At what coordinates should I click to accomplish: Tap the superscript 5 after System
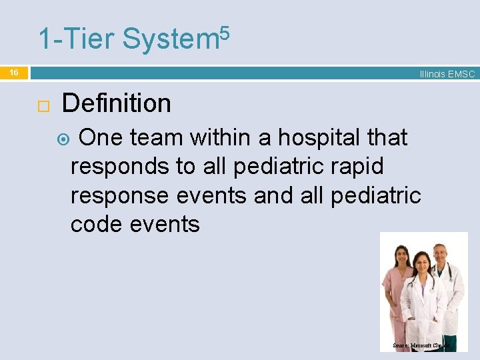click(x=224, y=31)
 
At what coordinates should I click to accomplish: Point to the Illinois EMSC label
click(x=447, y=74)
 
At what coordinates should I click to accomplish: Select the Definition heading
click(x=116, y=103)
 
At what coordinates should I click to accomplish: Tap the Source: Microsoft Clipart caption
click(x=422, y=346)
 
